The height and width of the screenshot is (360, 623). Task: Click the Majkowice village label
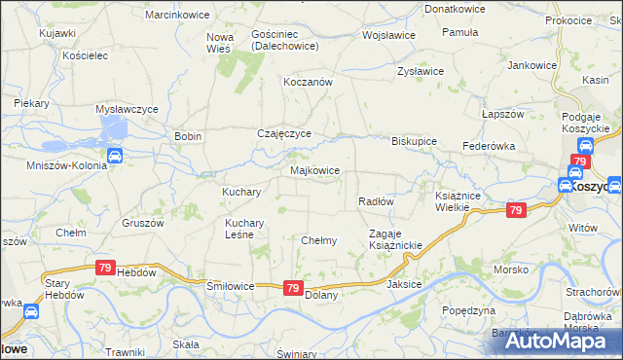315,170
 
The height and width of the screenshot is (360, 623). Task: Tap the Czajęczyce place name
283,134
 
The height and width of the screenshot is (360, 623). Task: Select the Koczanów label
308,83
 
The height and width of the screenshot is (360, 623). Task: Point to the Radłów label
375,201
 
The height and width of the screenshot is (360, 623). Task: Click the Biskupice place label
414,140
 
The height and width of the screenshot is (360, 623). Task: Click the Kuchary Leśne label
238,229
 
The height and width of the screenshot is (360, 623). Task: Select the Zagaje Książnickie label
394,239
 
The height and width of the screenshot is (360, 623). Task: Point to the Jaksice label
404,285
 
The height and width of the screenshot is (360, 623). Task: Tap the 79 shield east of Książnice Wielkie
516,209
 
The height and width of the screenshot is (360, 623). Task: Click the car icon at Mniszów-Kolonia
114,156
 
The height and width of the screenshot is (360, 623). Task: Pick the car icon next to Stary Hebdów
30,311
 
